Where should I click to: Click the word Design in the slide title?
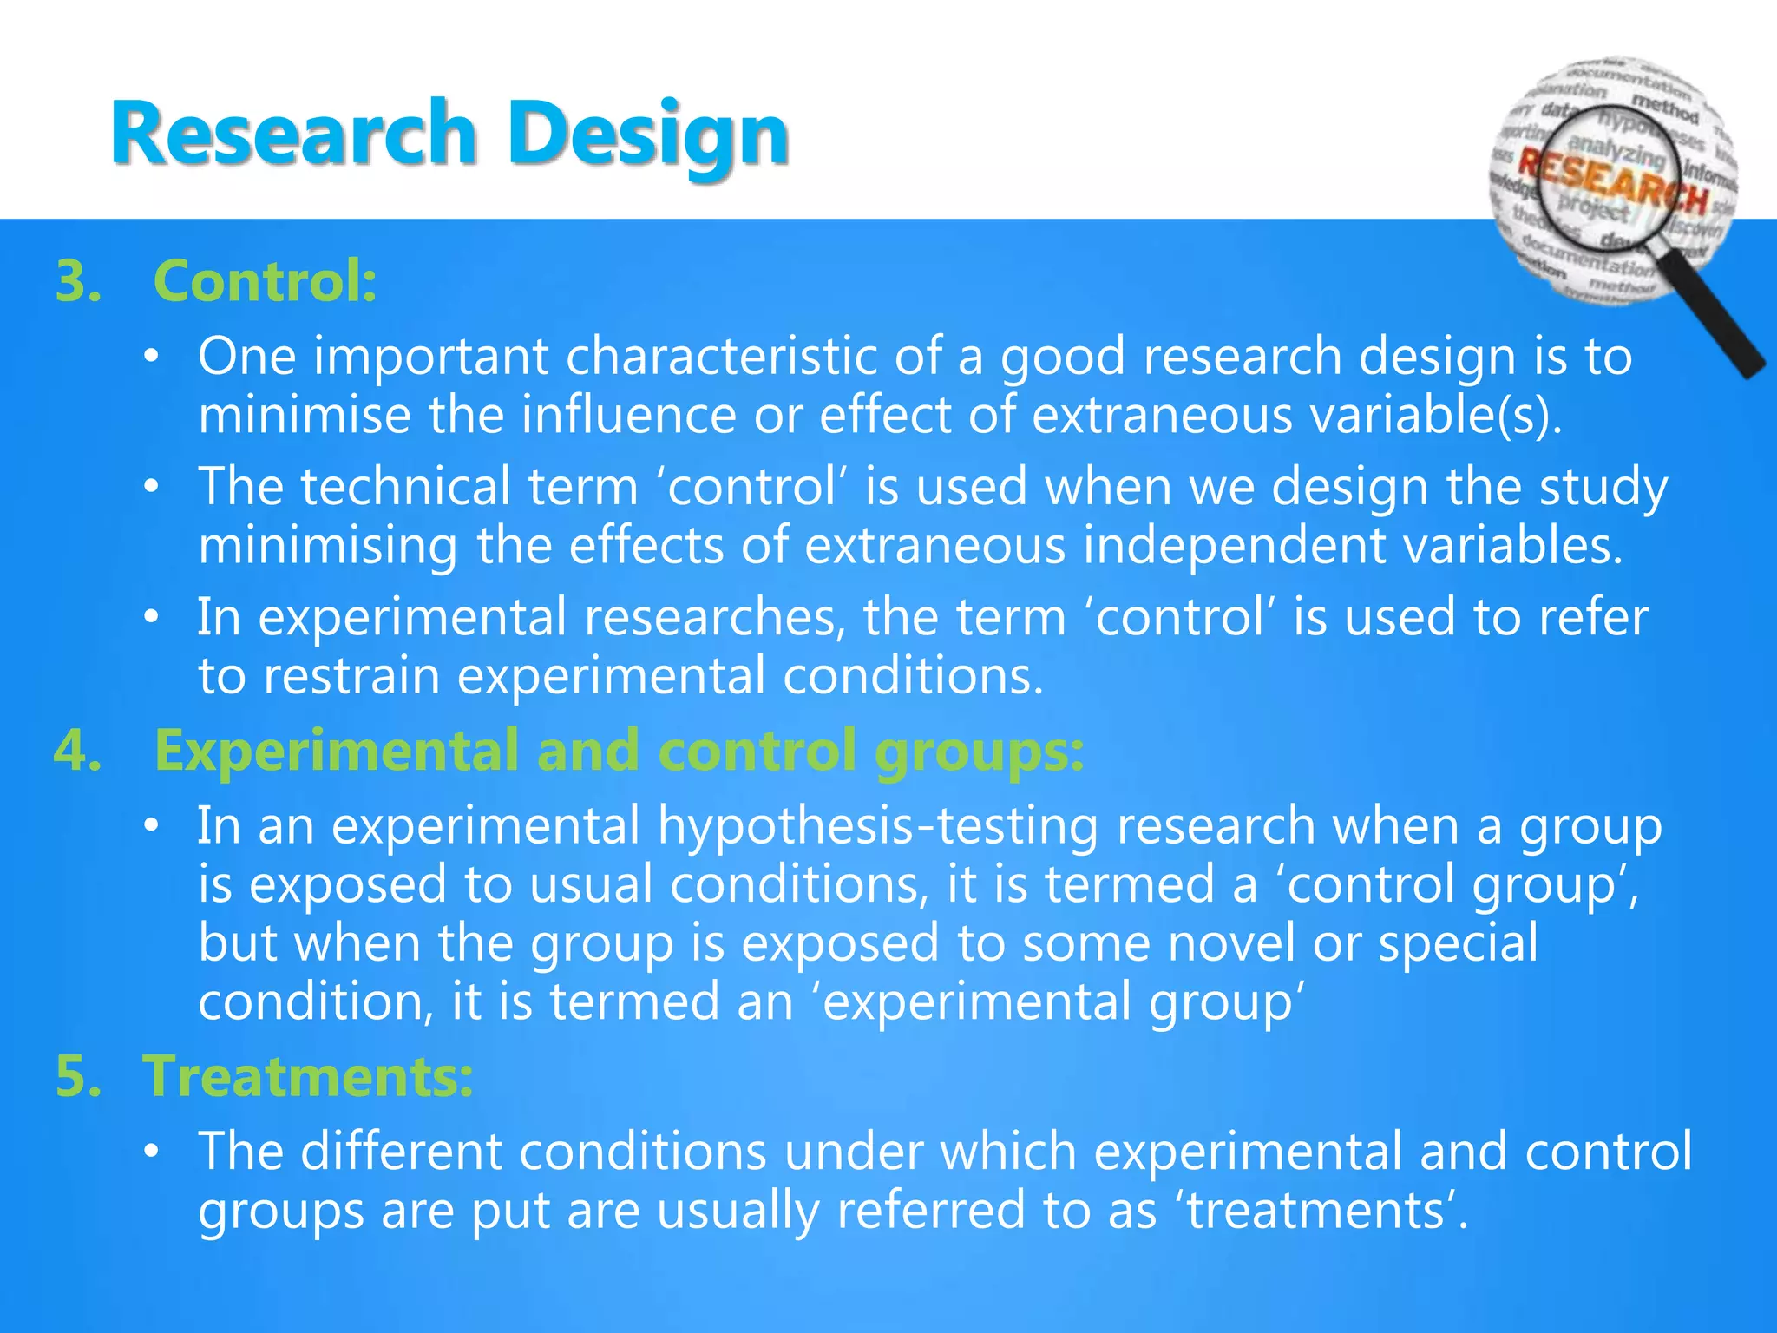pos(647,135)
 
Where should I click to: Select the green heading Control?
pos(265,281)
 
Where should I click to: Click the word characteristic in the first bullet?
pos(722,357)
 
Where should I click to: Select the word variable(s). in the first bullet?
pos(1436,415)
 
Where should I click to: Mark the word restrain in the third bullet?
pos(351,676)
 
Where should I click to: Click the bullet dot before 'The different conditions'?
pos(152,1152)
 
